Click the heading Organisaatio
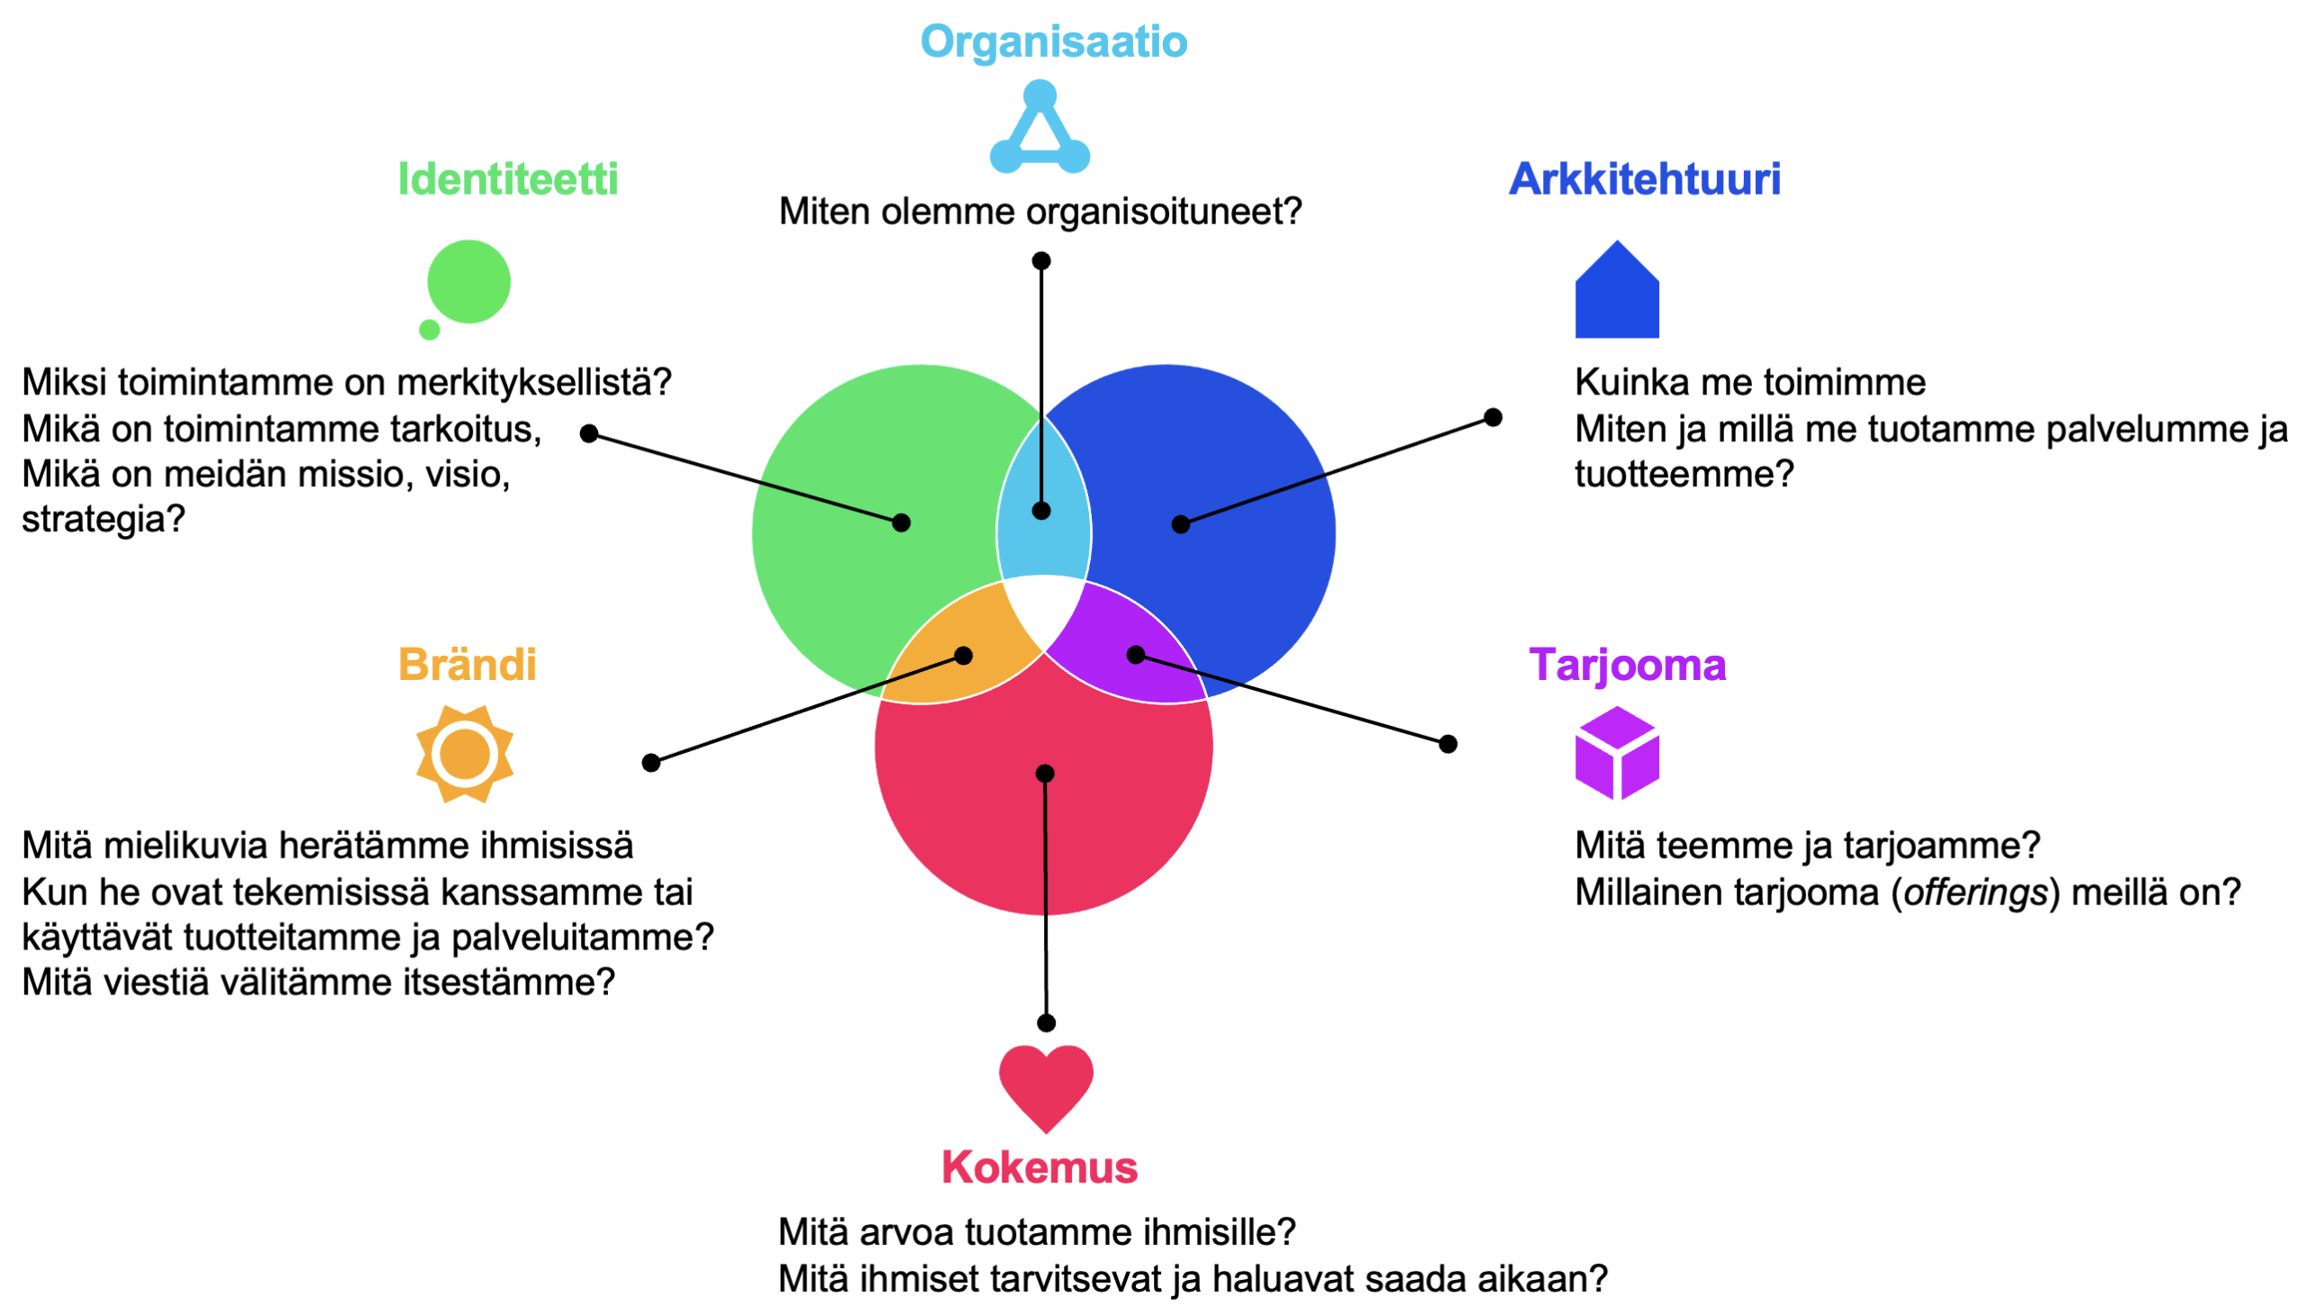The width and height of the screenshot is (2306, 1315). point(1053,42)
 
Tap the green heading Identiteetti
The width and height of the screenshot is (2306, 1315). point(508,179)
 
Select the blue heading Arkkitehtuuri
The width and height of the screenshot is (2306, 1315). point(1644,179)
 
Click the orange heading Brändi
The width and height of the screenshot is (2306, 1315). point(467,665)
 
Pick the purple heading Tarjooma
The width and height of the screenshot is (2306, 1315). point(1627,665)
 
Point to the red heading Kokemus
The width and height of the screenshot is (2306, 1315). point(1039,1167)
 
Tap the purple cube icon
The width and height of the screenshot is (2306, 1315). point(1616,752)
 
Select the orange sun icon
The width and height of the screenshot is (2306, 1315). point(464,754)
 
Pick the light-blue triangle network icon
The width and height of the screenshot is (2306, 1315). point(1040,131)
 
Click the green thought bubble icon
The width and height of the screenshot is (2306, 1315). point(467,284)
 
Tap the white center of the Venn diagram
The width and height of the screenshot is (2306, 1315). point(1044,610)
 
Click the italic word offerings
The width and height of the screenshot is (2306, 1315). point(1975,893)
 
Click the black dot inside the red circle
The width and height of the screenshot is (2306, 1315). point(1045,773)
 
